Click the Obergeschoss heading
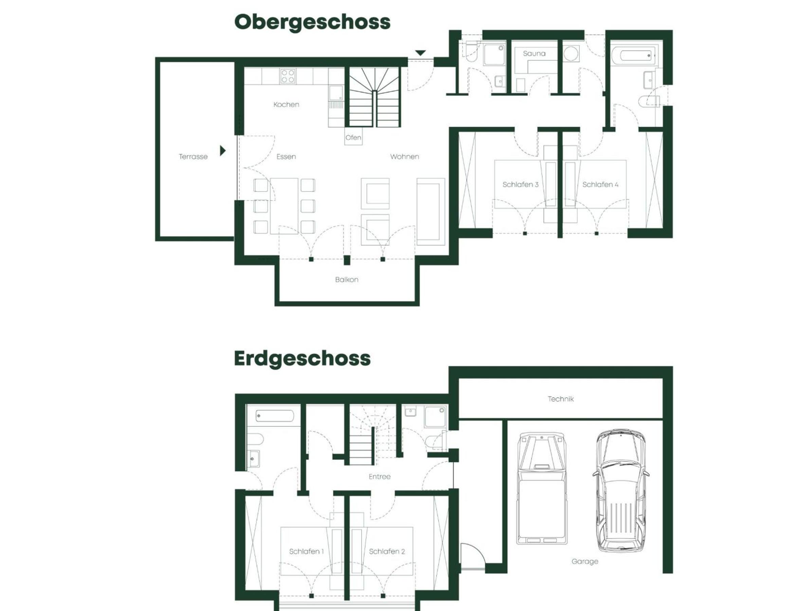pyautogui.click(x=312, y=22)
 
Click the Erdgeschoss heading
pyautogui.click(x=303, y=359)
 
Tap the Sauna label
pyautogui.click(x=534, y=53)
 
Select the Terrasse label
pyautogui.click(x=193, y=157)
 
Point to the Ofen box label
pyautogui.click(x=353, y=138)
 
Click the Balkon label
pyautogui.click(x=346, y=280)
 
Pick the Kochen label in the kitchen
pyautogui.click(x=286, y=105)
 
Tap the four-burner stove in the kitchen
pyautogui.click(x=288, y=76)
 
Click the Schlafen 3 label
pyautogui.click(x=520, y=185)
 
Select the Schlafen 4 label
pyautogui.click(x=600, y=185)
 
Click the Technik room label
pyautogui.click(x=561, y=399)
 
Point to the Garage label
pyautogui.click(x=585, y=561)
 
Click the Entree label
pyautogui.click(x=380, y=477)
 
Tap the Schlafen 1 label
pyautogui.click(x=306, y=551)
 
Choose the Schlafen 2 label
pyautogui.click(x=387, y=551)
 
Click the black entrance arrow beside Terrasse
pyautogui.click(x=223, y=150)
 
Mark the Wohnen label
pyautogui.click(x=404, y=157)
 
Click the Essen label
pyautogui.click(x=286, y=157)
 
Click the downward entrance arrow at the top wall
pyautogui.click(x=420, y=53)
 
